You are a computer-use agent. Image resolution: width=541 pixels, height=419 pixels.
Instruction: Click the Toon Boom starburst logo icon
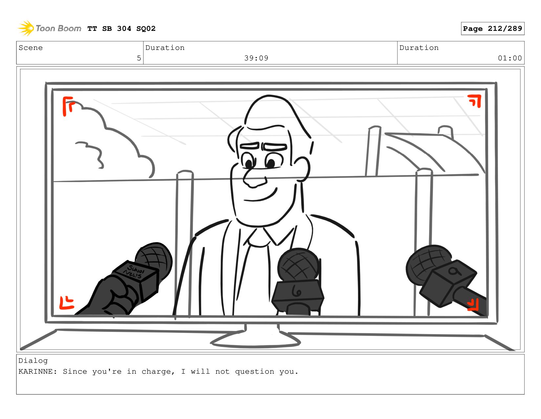pyautogui.click(x=26, y=28)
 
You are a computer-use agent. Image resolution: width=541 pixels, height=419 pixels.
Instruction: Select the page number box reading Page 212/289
pyautogui.click(x=492, y=29)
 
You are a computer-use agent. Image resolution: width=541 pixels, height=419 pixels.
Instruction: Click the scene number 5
pyautogui.click(x=139, y=58)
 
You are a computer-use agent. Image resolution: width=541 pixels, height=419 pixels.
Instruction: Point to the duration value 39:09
pyautogui.click(x=256, y=58)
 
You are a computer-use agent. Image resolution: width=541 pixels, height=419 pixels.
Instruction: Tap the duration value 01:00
pyautogui.click(x=509, y=58)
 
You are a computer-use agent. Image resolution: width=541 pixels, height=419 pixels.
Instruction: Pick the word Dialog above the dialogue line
pyautogui.click(x=33, y=361)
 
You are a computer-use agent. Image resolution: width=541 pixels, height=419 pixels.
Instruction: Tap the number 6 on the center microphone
pyautogui.click(x=296, y=291)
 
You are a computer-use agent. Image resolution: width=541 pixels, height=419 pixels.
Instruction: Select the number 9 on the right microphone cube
pyautogui.click(x=455, y=271)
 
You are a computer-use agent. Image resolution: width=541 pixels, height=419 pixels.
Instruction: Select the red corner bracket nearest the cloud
pyautogui.click(x=68, y=106)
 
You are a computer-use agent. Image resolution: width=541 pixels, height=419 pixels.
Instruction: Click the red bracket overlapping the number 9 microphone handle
pyautogui.click(x=473, y=305)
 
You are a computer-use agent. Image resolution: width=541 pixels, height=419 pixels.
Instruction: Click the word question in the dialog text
pyautogui.click(x=254, y=372)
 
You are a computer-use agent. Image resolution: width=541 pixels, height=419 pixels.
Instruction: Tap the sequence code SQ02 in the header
pyautogui.click(x=146, y=29)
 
